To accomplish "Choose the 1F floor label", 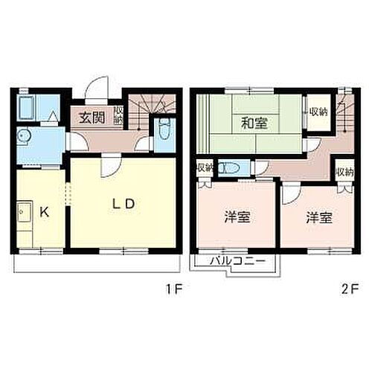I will [x=171, y=286].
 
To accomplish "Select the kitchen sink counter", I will [x=22, y=219].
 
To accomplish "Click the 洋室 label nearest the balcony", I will [x=237, y=218].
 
